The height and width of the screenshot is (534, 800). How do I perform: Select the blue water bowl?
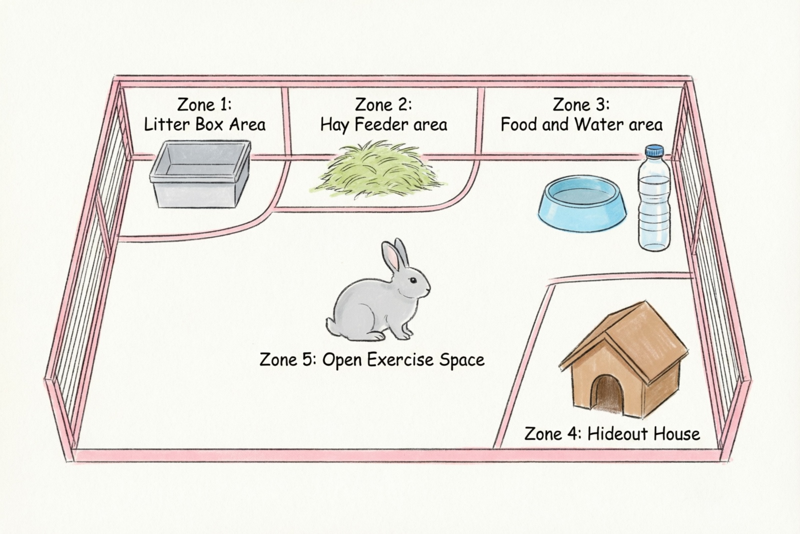(x=582, y=203)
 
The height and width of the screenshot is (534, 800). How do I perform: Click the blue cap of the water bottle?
(x=654, y=151)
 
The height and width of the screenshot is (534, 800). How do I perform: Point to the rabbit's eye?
(x=413, y=280)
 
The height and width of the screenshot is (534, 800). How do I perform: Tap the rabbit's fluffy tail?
(x=331, y=324)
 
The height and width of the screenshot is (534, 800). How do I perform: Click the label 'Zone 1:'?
(x=204, y=105)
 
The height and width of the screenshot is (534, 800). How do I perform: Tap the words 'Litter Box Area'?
(x=204, y=125)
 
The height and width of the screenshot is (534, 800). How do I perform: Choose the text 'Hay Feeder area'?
(x=383, y=125)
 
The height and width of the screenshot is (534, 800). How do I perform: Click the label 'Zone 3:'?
(x=581, y=105)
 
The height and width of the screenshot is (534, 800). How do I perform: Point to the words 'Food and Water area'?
(x=581, y=125)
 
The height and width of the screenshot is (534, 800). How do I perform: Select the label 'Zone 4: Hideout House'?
(x=612, y=433)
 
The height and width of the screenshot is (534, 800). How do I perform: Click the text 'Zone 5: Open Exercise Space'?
(x=372, y=360)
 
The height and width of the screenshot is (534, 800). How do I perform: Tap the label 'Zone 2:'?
(x=383, y=105)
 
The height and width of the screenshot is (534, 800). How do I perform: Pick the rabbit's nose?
(x=428, y=289)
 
